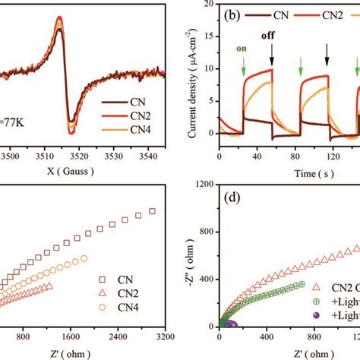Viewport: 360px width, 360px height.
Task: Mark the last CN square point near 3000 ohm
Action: pyautogui.click(x=153, y=210)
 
